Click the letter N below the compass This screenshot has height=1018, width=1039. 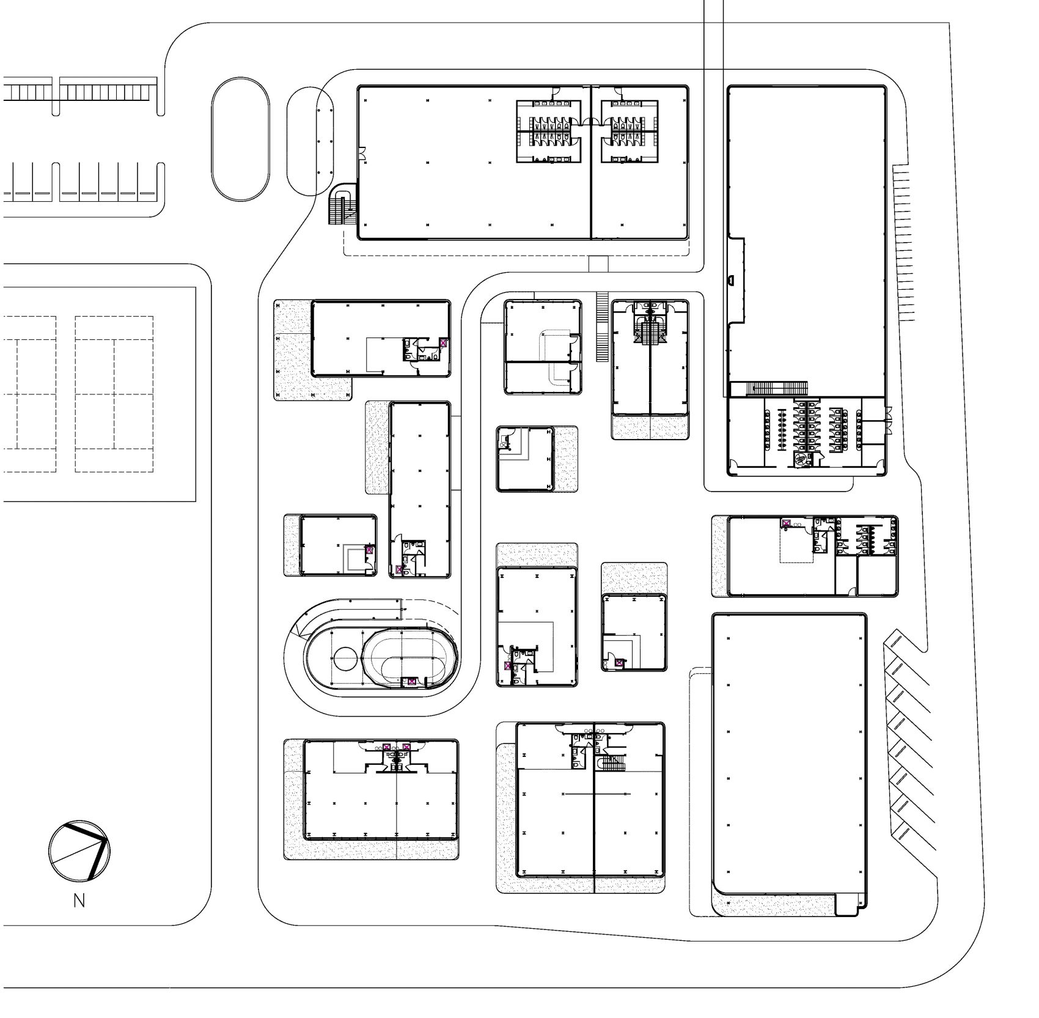click(79, 901)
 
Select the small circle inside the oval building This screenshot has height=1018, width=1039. click(345, 660)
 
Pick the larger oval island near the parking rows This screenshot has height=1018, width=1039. click(240, 139)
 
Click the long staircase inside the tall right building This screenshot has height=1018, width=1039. click(777, 388)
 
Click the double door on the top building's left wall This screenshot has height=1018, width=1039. click(362, 154)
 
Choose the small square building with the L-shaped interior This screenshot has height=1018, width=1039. click(526, 458)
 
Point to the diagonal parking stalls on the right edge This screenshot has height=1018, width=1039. click(911, 746)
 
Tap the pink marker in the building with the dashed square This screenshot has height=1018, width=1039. click(787, 523)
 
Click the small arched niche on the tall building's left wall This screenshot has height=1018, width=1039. click(730, 279)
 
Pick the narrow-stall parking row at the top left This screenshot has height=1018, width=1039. click(79, 92)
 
